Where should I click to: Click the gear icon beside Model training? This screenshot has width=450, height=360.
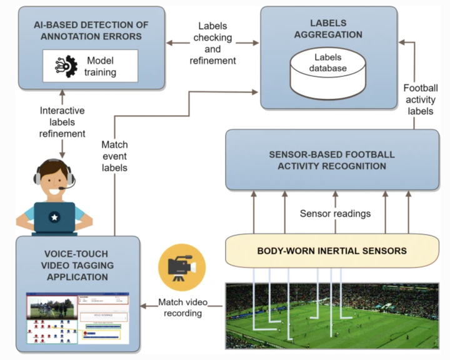click(64, 66)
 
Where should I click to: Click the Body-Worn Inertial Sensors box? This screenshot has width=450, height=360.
click(332, 251)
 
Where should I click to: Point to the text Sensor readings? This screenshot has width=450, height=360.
click(335, 213)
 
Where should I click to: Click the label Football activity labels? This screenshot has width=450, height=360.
click(420, 99)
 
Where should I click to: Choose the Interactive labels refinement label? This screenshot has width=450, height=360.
click(62, 122)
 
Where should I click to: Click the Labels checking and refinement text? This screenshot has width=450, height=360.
click(214, 44)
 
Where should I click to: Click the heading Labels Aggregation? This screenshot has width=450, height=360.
click(329, 28)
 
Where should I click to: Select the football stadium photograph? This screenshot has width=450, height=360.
click(332, 316)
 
